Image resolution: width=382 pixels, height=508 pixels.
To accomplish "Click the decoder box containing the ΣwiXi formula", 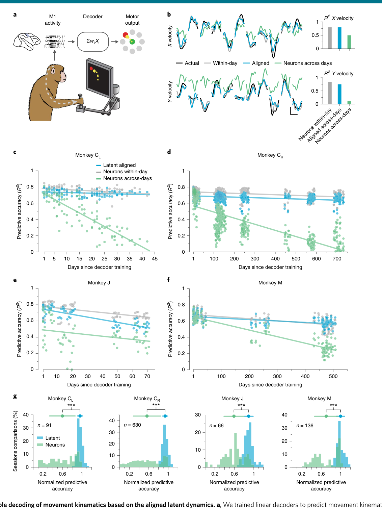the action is (x=93, y=42).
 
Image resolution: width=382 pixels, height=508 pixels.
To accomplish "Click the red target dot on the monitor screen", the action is (x=91, y=68).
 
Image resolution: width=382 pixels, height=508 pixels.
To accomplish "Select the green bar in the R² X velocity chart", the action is (x=349, y=42).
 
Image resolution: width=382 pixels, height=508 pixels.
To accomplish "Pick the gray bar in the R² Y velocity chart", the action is (x=330, y=93).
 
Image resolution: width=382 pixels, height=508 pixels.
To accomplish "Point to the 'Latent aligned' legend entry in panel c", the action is (x=116, y=165).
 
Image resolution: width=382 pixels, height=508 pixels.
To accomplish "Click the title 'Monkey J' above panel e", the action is (x=99, y=283).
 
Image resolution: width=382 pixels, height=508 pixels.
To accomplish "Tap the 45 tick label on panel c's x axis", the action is (x=155, y=259).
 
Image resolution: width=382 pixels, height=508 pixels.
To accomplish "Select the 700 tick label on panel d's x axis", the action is (x=337, y=259).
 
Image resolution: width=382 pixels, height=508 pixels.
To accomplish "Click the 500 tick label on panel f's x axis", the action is (x=333, y=376).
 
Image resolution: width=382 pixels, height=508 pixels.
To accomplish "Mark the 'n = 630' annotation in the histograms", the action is (x=132, y=425).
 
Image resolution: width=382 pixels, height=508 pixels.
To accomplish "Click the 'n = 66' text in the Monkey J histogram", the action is (x=216, y=426).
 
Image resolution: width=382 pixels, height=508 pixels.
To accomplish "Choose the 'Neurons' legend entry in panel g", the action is (x=51, y=445).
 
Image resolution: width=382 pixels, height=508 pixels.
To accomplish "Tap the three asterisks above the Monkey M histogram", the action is (x=333, y=405).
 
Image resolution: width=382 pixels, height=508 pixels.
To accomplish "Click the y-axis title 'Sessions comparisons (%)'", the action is (x=15, y=441).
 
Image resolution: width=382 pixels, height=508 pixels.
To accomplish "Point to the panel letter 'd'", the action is (x=169, y=152).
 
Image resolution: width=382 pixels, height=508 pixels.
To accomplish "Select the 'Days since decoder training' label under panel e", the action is (x=99, y=385).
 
